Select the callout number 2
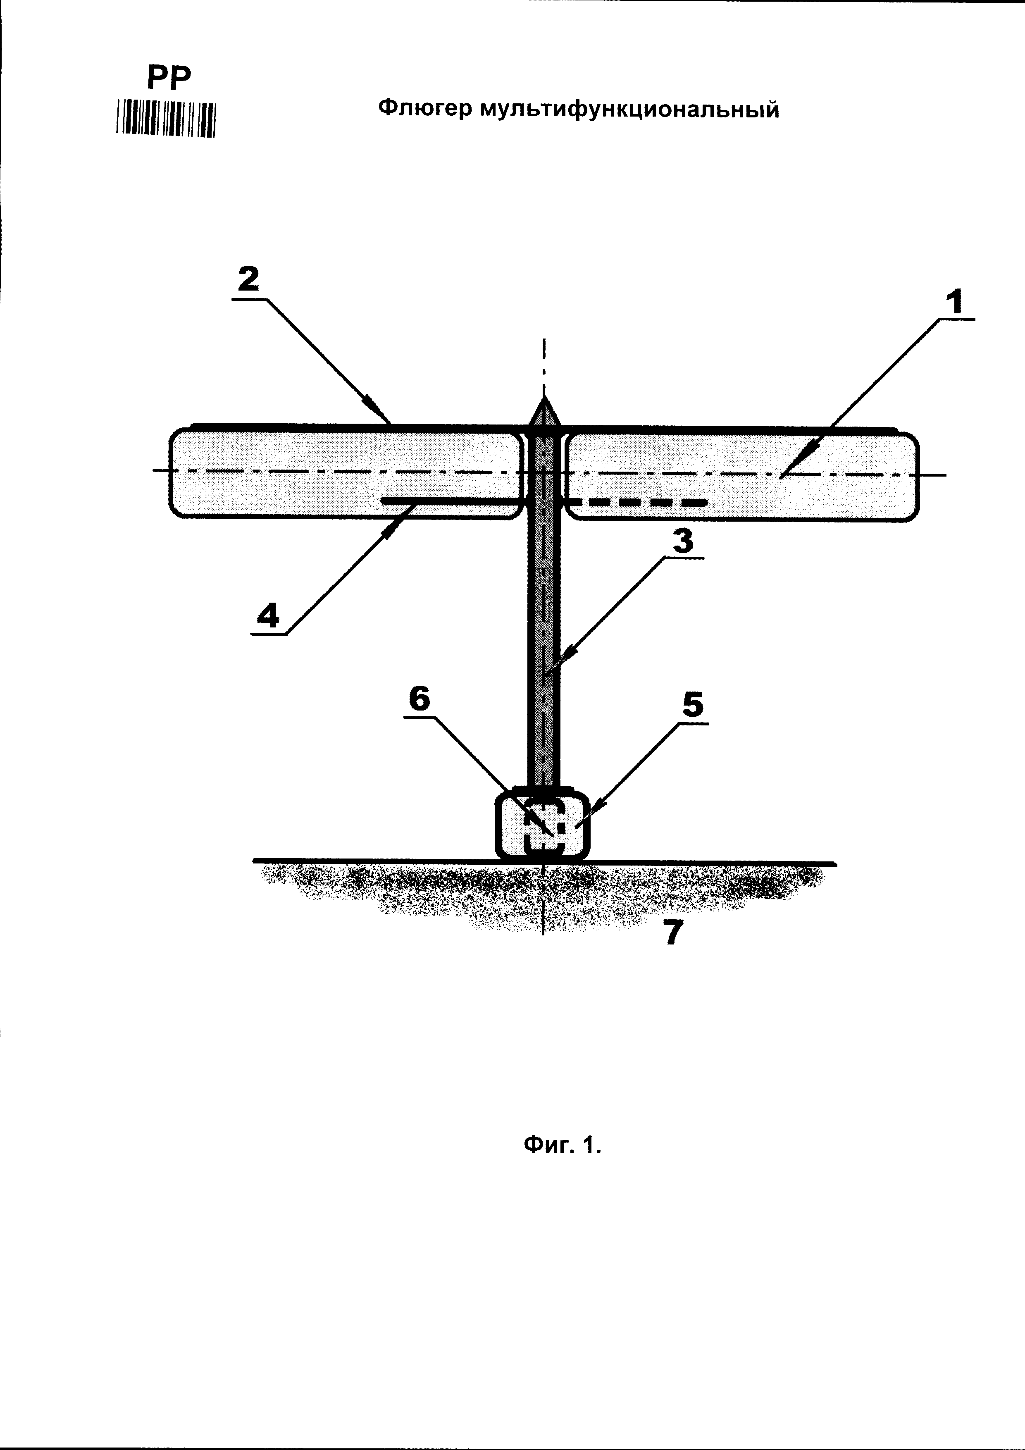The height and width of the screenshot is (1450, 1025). (248, 279)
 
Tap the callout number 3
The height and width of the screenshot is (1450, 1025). (683, 541)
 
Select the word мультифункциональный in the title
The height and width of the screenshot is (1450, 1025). (629, 110)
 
